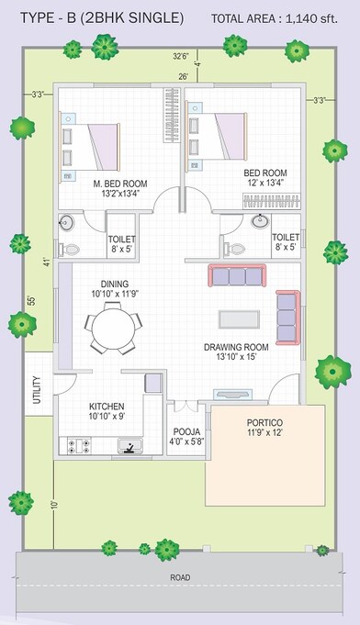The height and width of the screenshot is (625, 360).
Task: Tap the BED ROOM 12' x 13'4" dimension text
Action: coord(265,183)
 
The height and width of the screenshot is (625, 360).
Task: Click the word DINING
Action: coord(115,284)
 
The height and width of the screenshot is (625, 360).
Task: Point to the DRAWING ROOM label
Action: coord(236,347)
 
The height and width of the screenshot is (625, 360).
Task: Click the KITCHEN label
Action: coord(107,405)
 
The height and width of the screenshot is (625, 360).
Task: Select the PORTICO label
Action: coord(264,422)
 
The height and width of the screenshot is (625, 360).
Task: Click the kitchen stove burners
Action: coord(78,447)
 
